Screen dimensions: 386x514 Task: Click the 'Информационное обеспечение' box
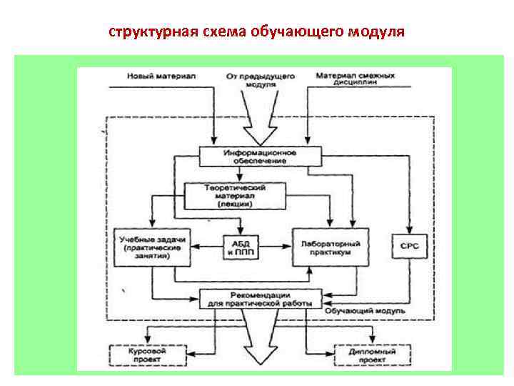tap(258, 157)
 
